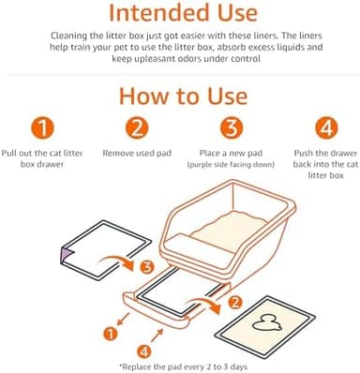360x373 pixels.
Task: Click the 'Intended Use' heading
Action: (x=180, y=14)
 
